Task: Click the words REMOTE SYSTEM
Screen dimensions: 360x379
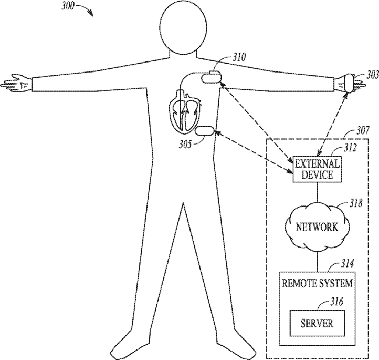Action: tap(318, 284)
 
